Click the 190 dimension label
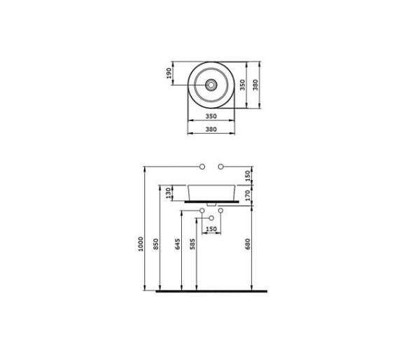click(169, 74)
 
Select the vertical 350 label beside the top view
click(243, 85)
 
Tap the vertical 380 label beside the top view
click(255, 85)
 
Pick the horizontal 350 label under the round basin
click(211, 116)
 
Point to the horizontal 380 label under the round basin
click(211, 129)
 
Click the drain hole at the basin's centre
click(211, 85)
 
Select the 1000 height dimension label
click(141, 244)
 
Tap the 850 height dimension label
click(156, 244)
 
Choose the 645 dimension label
click(178, 244)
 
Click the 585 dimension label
click(192, 244)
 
